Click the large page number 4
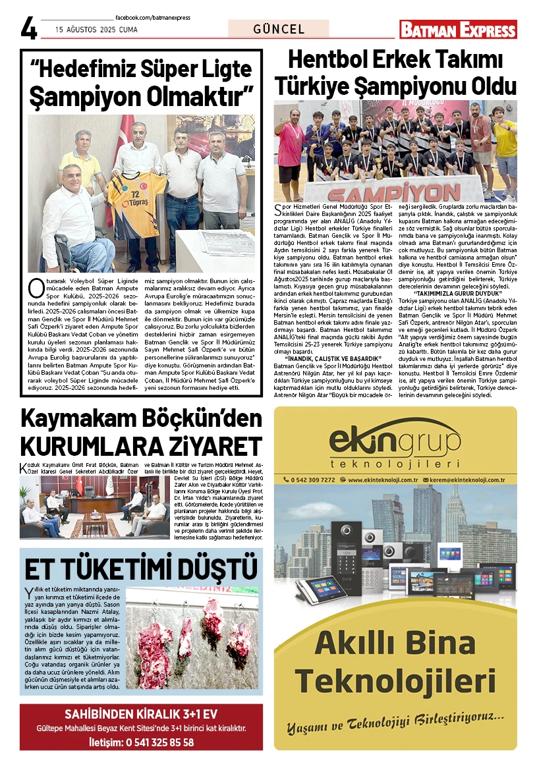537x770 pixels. tap(29, 28)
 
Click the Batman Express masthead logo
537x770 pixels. tap(458, 30)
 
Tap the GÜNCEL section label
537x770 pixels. tap(279, 29)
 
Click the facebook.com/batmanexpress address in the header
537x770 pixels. tap(152, 17)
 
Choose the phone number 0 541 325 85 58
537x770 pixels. tap(159, 742)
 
